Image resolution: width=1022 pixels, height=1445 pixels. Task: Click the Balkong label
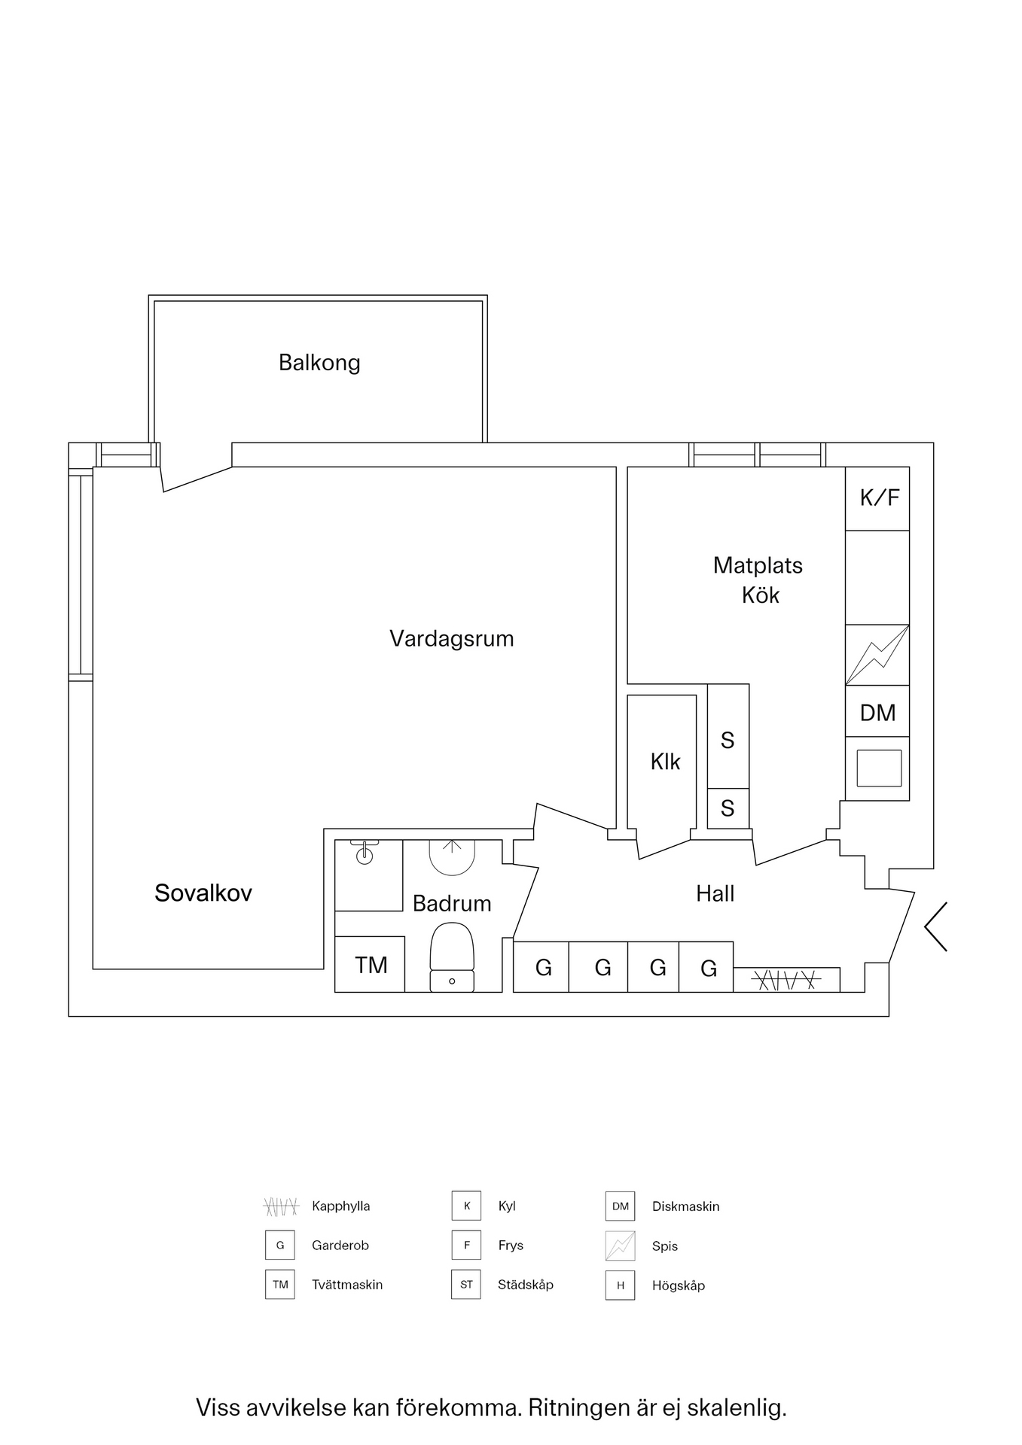click(x=319, y=363)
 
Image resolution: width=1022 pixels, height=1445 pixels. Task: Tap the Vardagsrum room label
click(x=451, y=639)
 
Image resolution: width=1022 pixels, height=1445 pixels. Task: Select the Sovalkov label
click(x=203, y=893)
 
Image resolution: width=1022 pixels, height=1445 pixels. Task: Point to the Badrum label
click(x=452, y=903)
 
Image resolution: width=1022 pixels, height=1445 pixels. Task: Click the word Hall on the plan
click(x=715, y=894)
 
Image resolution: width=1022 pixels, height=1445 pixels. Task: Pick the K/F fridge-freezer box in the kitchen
click(x=877, y=498)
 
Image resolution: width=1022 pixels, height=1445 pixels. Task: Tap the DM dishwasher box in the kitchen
click(x=877, y=712)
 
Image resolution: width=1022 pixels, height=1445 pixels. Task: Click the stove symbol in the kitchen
click(x=877, y=655)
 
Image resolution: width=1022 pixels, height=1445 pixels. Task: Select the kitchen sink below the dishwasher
click(x=879, y=768)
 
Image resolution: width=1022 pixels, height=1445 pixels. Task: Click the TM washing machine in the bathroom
click(x=371, y=965)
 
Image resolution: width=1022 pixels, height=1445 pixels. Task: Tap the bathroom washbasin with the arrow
click(x=452, y=856)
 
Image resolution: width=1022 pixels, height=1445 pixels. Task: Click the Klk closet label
click(x=665, y=762)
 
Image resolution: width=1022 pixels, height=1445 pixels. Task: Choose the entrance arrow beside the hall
click(x=936, y=926)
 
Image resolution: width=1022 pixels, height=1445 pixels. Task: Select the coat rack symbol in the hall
click(x=786, y=980)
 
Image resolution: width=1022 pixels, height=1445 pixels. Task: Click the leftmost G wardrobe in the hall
click(x=542, y=968)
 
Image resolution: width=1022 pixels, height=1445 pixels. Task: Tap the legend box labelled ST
click(x=466, y=1285)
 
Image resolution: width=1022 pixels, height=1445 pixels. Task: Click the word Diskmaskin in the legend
click(x=685, y=1206)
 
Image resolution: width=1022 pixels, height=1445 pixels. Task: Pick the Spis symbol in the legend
click(x=620, y=1246)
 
